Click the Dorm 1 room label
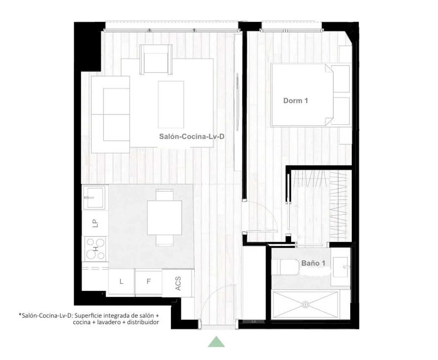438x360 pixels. click(x=296, y=101)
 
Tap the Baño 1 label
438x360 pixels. click(x=313, y=263)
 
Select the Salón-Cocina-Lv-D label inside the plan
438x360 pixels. click(x=192, y=137)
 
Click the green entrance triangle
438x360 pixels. click(x=216, y=342)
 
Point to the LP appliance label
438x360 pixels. click(x=95, y=223)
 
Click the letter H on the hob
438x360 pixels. click(x=96, y=249)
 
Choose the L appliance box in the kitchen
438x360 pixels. click(x=121, y=281)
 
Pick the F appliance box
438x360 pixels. click(x=149, y=282)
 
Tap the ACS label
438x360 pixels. click(x=178, y=284)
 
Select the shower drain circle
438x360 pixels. click(x=305, y=305)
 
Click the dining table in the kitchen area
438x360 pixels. click(x=164, y=218)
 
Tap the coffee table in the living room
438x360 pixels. click(x=171, y=104)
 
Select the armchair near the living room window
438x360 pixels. click(x=156, y=60)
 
